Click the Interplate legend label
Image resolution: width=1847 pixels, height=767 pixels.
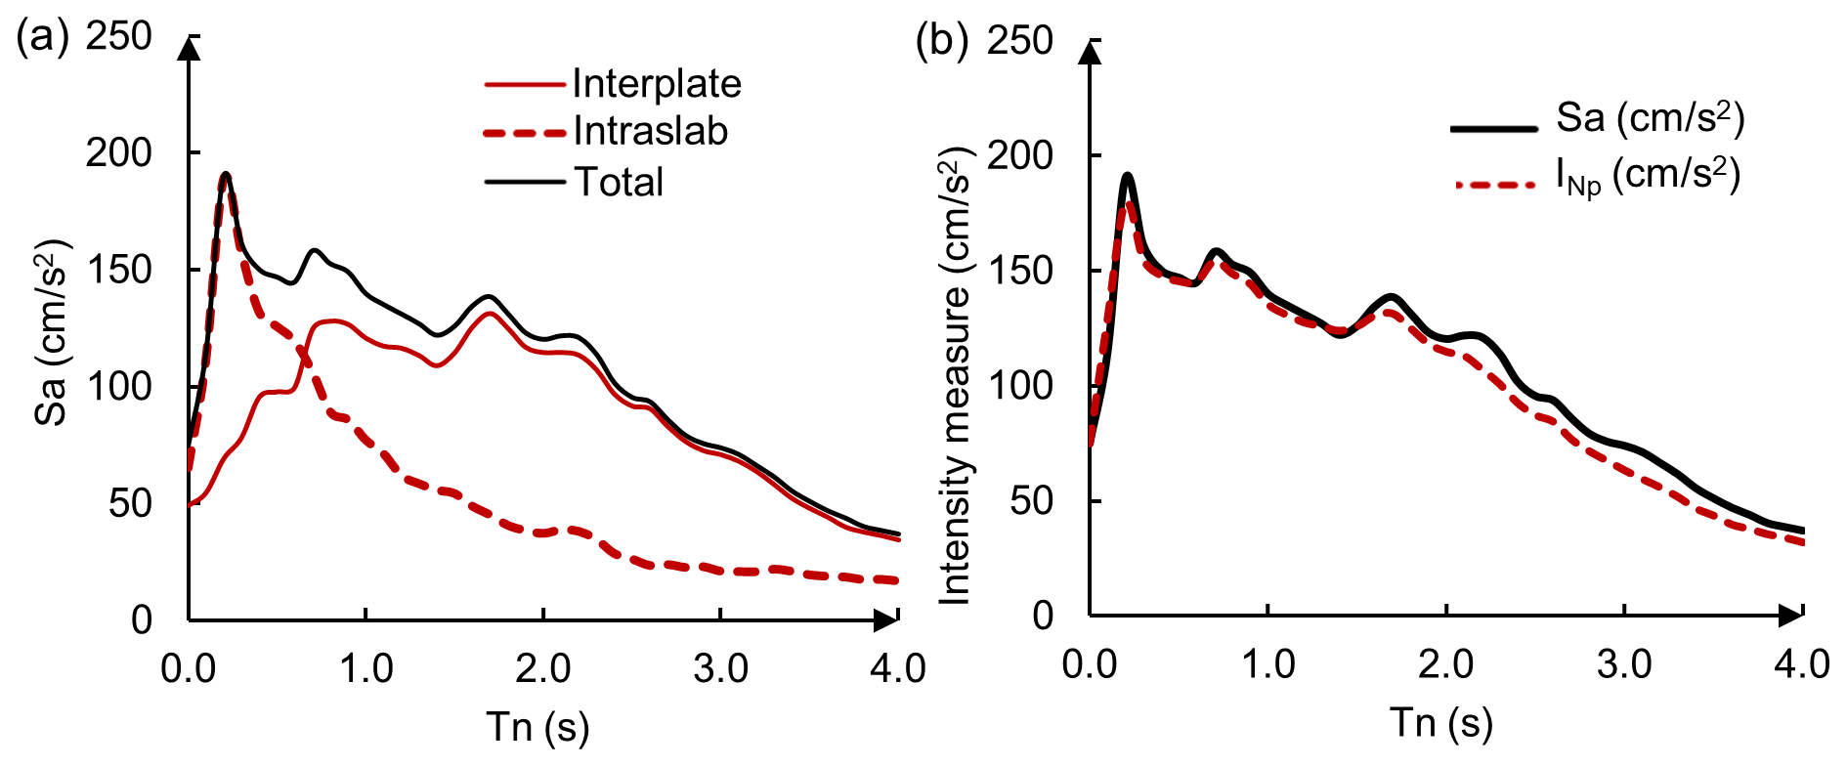pyautogui.click(x=657, y=84)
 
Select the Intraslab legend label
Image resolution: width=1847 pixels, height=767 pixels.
pyautogui.click(x=651, y=131)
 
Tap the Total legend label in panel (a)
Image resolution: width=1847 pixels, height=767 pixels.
pyautogui.click(x=619, y=182)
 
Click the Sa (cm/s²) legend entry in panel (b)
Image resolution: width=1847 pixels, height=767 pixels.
pyautogui.click(x=1650, y=118)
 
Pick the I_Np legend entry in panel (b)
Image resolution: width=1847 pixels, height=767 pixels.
pyautogui.click(x=1648, y=177)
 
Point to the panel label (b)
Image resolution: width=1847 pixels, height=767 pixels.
pyautogui.click(x=941, y=41)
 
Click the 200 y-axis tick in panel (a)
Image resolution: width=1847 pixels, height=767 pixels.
pyautogui.click(x=118, y=152)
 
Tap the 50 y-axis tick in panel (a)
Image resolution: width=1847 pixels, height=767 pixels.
pyautogui.click(x=130, y=503)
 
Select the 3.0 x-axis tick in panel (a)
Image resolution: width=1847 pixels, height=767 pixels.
pyautogui.click(x=720, y=668)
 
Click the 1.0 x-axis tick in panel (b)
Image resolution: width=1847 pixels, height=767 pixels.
pyautogui.click(x=1267, y=664)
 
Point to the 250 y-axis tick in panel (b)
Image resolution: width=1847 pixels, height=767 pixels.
pyautogui.click(x=1019, y=41)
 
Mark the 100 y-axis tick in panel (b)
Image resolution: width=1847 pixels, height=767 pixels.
pyautogui.click(x=1019, y=386)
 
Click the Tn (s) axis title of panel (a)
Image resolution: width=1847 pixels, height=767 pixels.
pyautogui.click(x=537, y=727)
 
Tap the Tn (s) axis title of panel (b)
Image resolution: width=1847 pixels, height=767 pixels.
pyautogui.click(x=1441, y=723)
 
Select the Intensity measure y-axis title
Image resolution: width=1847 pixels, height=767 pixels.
pyautogui.click(x=955, y=376)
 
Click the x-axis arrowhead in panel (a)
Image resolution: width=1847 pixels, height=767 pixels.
pyautogui.click(x=885, y=619)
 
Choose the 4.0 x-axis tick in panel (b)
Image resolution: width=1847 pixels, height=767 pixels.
pyautogui.click(x=1802, y=664)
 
